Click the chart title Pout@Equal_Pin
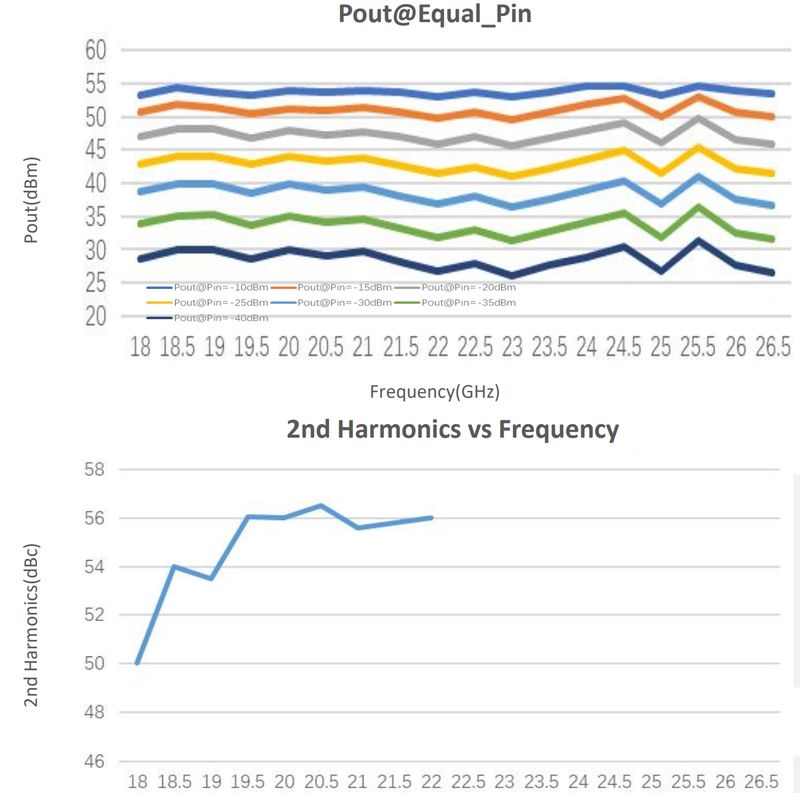435,14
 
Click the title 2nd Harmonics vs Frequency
453,429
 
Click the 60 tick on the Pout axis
96,50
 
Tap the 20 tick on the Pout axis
96,317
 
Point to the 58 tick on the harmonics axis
95,470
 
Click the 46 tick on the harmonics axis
95,762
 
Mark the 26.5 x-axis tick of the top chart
772,347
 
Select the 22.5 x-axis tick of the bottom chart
469,781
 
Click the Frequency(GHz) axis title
434,392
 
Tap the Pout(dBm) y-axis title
31,200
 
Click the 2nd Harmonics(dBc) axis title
31,625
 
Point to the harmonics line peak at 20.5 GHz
321,505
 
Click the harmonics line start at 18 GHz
137,663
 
